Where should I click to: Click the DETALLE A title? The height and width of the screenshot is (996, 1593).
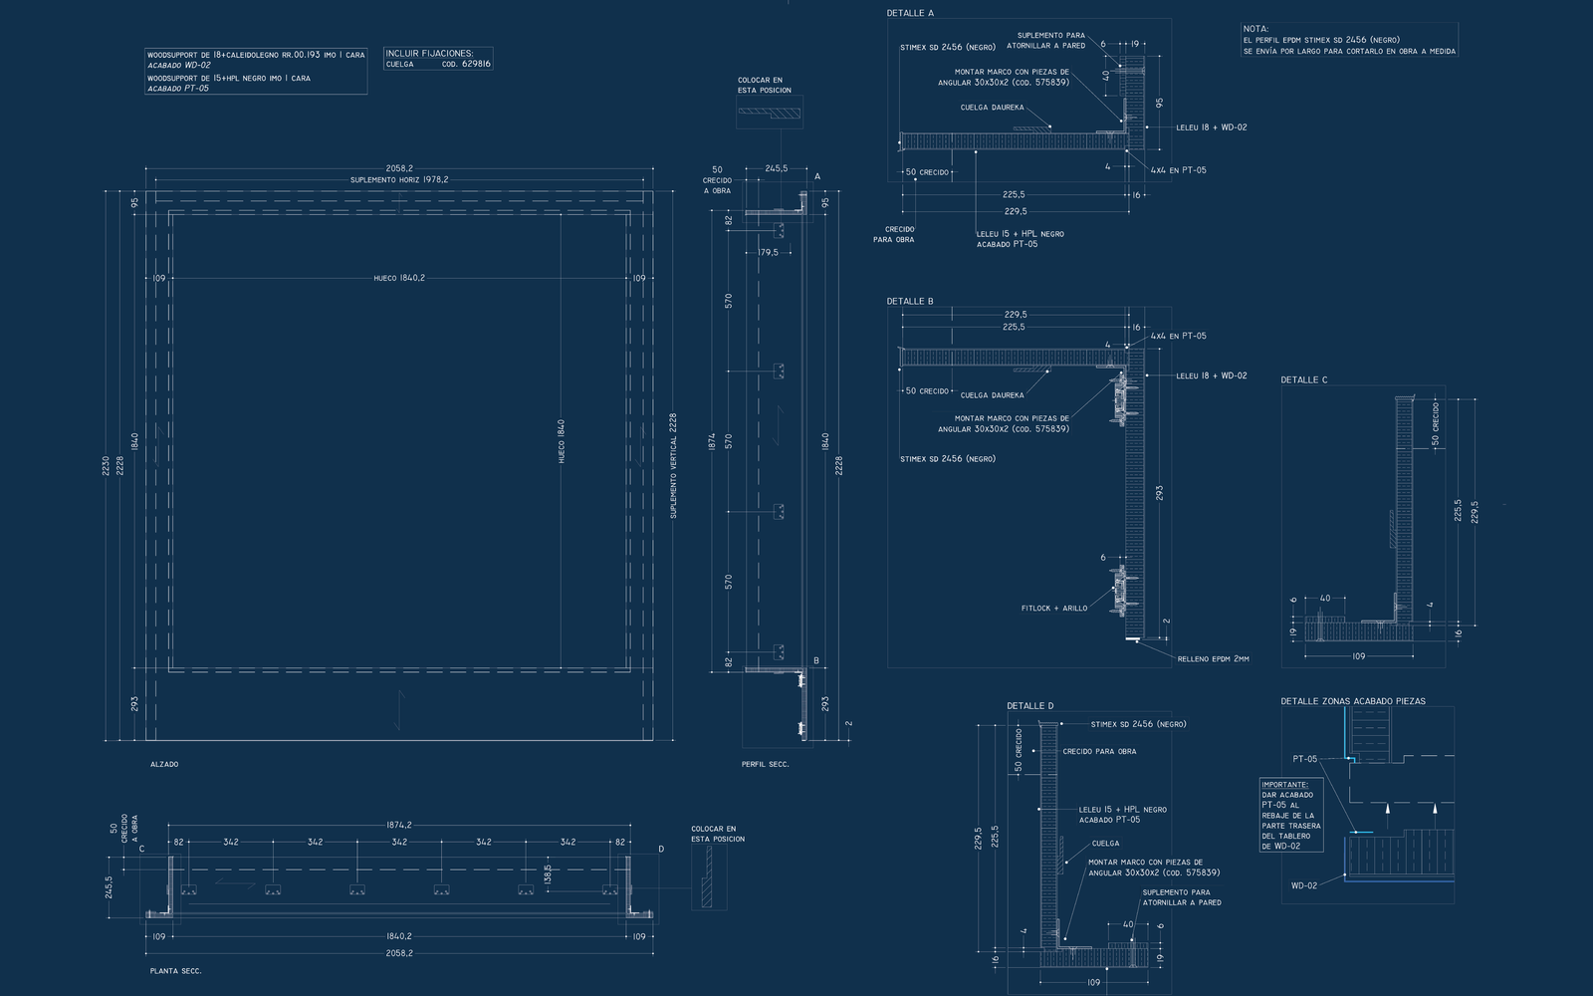point(910,13)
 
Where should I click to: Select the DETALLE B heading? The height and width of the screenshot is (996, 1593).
point(910,301)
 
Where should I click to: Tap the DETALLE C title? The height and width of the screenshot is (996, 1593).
point(1303,379)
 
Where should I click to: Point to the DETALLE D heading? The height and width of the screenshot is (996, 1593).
point(1029,706)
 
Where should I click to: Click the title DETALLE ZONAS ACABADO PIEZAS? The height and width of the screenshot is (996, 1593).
point(1352,701)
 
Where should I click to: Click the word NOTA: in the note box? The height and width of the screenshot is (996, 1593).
point(1255,30)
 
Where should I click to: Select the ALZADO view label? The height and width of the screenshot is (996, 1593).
point(163,764)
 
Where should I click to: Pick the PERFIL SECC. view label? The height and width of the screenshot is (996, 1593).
point(765,764)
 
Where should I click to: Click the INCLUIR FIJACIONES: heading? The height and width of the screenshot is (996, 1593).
point(429,53)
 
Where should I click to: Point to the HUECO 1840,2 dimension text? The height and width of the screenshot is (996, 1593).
point(399,278)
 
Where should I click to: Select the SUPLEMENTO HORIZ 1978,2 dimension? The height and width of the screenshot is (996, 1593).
point(399,180)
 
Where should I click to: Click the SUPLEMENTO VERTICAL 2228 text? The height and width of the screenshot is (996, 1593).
point(673,466)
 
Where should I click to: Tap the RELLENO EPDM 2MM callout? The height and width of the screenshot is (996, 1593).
point(1213,658)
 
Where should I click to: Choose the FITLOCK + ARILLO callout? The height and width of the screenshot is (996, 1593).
point(1054,608)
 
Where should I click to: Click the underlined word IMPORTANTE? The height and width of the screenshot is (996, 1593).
point(1285,784)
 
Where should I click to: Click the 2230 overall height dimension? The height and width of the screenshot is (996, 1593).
point(107,466)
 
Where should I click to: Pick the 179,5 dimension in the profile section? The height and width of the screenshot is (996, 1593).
point(768,252)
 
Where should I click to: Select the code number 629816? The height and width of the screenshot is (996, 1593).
point(474,64)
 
